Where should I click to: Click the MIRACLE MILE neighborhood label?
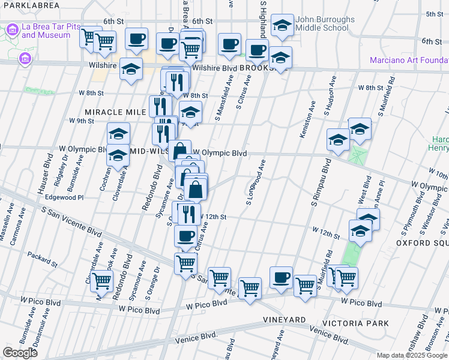coord(115,112)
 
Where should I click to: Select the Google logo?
coord(20,353)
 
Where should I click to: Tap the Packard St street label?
coord(42,259)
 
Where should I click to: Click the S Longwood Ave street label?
coord(256,182)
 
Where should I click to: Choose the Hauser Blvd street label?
coord(46,172)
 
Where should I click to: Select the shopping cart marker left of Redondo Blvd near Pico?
coord(102,280)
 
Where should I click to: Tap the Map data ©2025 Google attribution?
coord(412,355)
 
